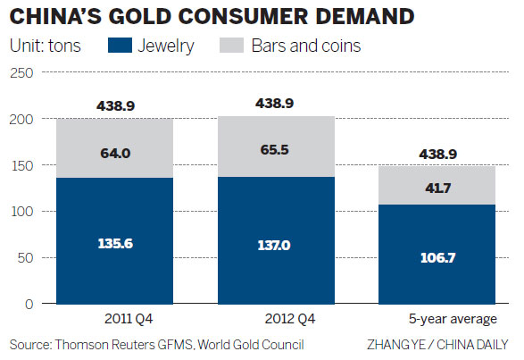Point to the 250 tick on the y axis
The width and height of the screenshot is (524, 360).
20,73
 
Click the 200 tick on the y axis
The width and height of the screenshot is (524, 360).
20,120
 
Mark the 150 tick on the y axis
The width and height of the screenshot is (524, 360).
20,165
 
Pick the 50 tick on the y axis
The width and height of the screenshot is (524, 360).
22,257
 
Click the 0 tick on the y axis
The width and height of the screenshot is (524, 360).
27,304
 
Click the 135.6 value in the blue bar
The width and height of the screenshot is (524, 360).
115,241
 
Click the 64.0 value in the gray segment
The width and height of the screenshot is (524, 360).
115,154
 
